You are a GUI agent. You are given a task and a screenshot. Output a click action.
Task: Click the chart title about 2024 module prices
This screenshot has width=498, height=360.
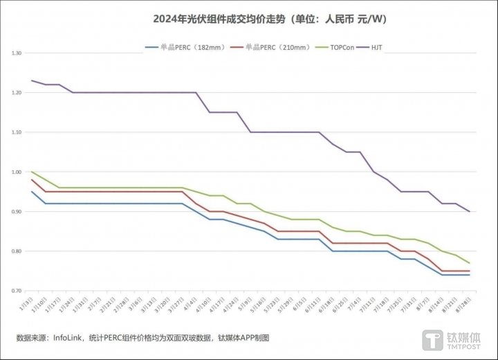(270, 19)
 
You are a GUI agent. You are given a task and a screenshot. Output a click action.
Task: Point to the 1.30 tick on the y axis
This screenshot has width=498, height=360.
(17, 53)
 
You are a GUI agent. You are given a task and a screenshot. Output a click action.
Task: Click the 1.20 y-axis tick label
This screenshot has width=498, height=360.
(17, 93)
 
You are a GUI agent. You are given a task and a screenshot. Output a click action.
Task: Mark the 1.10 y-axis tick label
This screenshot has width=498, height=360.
(17, 132)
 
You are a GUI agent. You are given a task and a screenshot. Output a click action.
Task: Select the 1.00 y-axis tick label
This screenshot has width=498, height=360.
(17, 172)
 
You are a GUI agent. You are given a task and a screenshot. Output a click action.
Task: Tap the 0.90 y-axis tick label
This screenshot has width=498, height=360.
(17, 212)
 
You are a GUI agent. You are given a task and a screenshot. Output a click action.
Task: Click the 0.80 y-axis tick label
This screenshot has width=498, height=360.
(17, 251)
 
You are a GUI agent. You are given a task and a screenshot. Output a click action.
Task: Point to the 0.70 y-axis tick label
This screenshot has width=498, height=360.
(17, 291)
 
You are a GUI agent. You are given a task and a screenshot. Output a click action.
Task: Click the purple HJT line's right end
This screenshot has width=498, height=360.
(470, 211)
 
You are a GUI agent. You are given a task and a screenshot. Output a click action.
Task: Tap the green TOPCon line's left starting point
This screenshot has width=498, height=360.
(32, 172)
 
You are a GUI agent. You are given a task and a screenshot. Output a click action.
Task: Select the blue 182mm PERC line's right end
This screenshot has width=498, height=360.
(470, 275)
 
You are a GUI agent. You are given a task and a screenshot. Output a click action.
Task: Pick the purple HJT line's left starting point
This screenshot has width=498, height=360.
(32, 80)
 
